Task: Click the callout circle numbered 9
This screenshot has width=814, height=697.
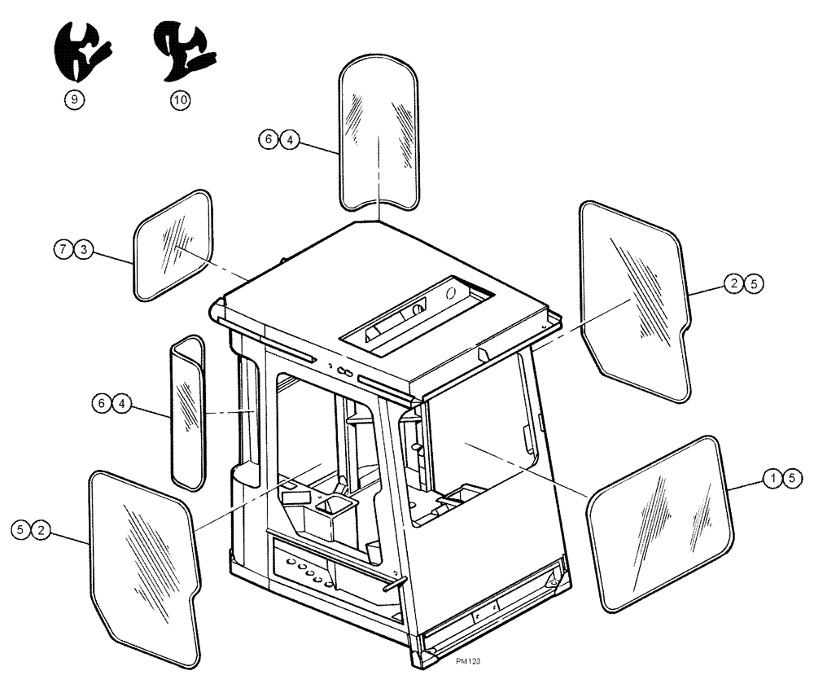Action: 74,99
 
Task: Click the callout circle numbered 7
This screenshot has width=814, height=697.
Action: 64,249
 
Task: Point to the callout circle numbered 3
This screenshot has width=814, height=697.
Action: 82,249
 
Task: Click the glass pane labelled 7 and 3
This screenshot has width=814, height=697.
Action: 173,246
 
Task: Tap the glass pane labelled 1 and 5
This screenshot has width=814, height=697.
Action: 659,523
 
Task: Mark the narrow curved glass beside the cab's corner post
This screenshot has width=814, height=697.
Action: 186,412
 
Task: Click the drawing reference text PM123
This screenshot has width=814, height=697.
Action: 469,662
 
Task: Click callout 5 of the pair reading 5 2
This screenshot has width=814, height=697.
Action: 20,529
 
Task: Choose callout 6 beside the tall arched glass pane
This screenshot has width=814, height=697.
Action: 268,140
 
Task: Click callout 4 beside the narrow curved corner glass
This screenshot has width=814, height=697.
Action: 120,403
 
